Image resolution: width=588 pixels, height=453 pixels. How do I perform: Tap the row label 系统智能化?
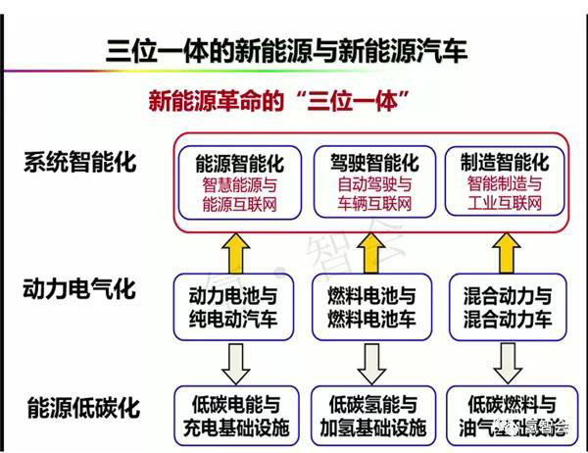(x=86, y=163)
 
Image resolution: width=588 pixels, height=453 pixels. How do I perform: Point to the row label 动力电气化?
(x=86, y=290)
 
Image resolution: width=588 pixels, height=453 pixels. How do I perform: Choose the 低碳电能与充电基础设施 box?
(x=237, y=416)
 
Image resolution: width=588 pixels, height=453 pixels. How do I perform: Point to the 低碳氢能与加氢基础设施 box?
(x=369, y=416)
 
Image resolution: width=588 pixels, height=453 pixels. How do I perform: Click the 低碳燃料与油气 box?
(x=503, y=416)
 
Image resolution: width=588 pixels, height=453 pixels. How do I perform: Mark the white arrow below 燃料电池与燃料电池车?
(x=369, y=362)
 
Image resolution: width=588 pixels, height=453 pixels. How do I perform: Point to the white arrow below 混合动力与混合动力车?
(x=503, y=362)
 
